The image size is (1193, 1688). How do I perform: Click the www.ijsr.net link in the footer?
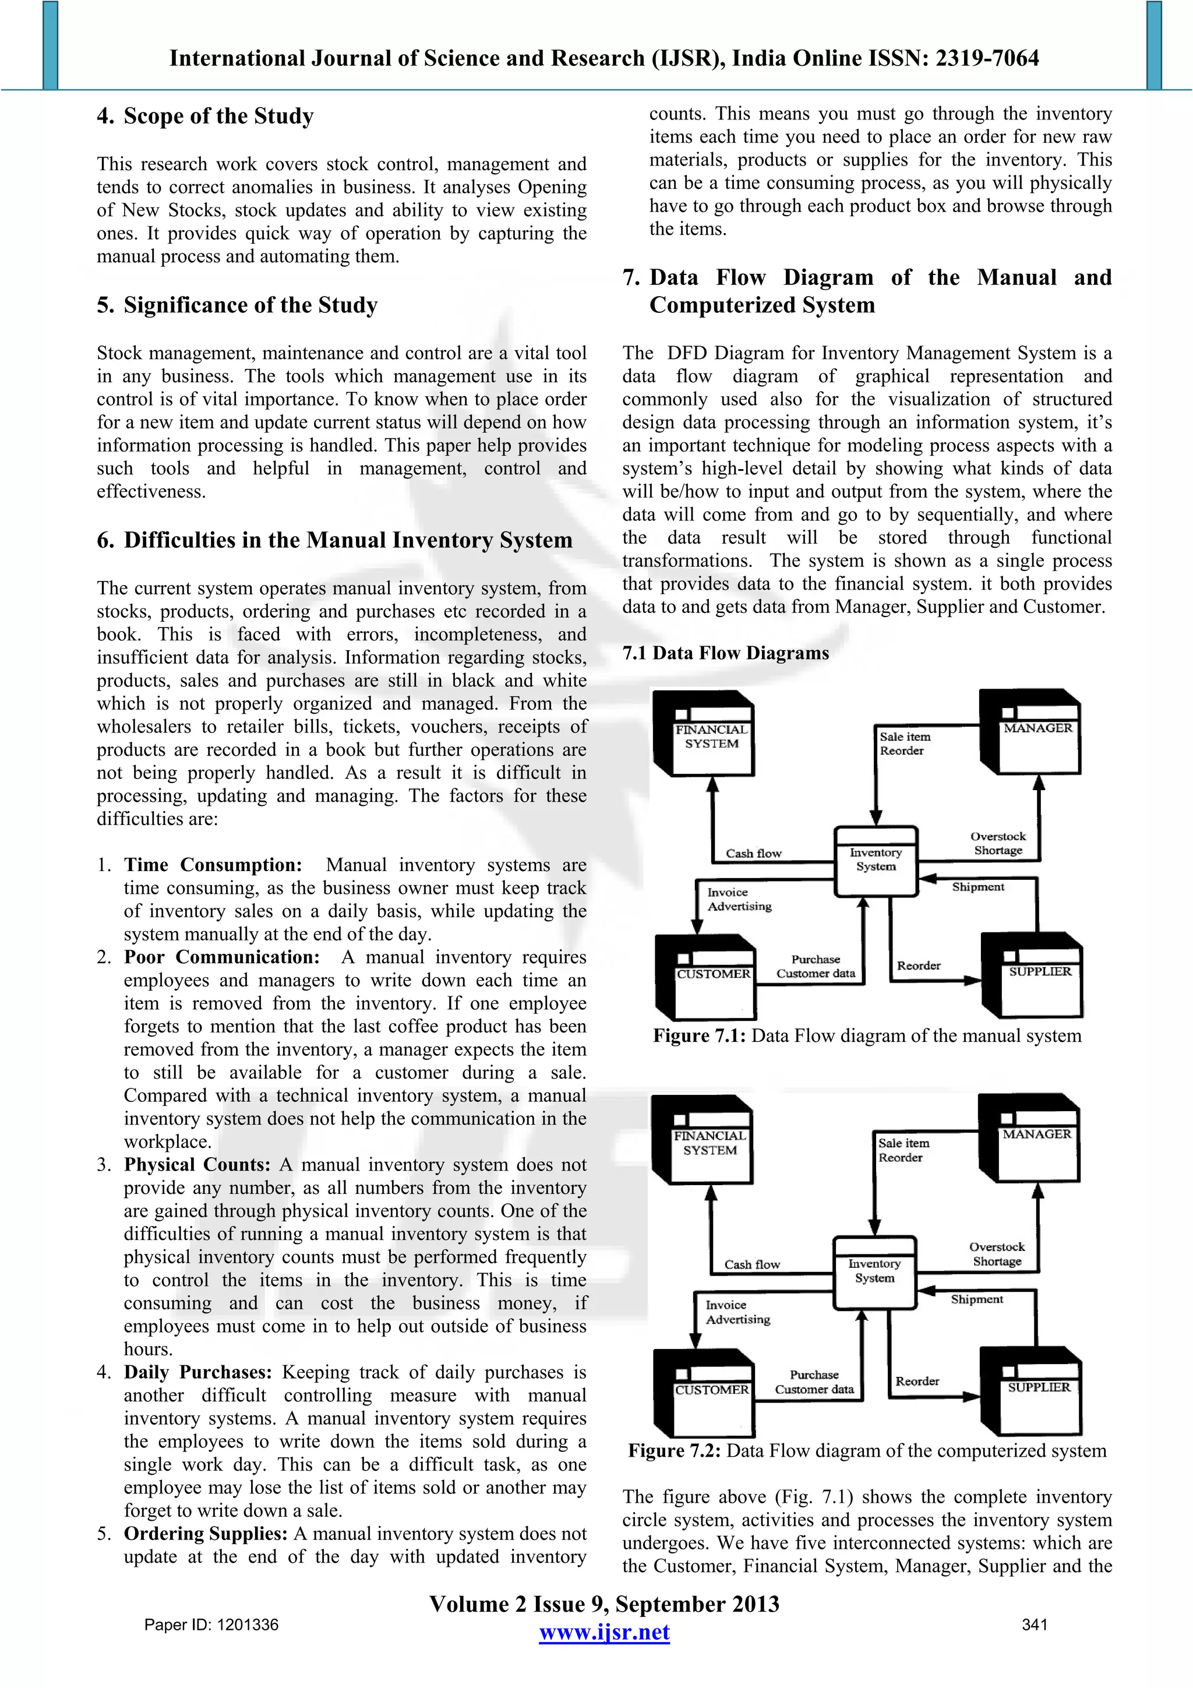[603, 1632]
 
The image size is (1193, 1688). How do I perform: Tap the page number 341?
[1034, 1624]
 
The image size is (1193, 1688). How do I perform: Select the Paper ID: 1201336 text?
[211, 1624]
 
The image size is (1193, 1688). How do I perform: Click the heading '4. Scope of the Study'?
[205, 116]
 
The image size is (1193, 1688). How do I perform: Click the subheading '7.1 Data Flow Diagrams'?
[725, 653]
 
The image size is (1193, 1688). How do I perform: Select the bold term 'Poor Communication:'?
[221, 957]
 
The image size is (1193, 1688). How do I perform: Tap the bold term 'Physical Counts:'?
[197, 1165]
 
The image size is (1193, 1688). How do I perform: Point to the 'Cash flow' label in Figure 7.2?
[751, 1264]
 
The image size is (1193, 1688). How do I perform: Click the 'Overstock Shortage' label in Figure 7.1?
[997, 843]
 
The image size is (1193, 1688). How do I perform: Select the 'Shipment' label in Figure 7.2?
[976, 1299]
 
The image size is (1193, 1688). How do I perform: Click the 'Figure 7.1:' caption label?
[699, 1036]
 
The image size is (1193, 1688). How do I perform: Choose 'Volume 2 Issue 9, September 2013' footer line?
[603, 1604]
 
